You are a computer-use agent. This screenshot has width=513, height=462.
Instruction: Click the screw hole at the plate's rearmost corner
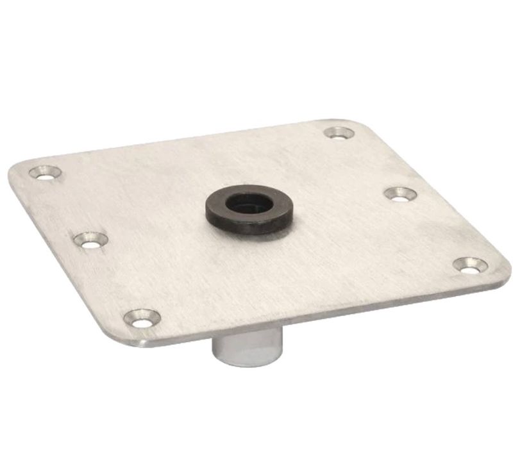click(339, 133)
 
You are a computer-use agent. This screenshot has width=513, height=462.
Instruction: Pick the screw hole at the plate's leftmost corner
click(45, 172)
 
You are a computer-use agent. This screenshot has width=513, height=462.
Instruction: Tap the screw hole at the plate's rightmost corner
click(470, 265)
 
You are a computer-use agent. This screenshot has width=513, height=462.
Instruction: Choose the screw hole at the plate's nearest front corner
click(142, 317)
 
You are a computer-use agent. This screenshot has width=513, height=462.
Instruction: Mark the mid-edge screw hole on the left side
click(90, 240)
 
